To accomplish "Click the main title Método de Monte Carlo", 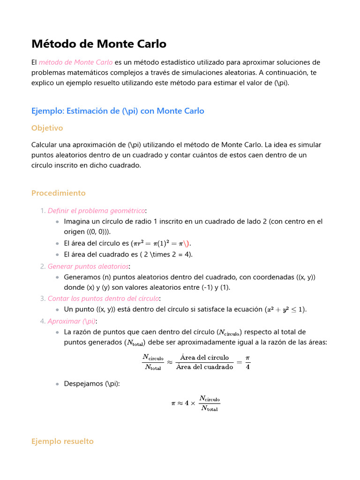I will coord(98,44).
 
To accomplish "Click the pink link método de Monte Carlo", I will coord(75,62).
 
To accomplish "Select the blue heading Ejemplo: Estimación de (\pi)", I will coord(118,111).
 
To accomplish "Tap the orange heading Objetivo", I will coord(47,128).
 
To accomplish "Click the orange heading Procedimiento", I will coord(58,193).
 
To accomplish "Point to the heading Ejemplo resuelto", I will coord(62,441).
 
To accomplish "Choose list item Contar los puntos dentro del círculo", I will coord(104,299).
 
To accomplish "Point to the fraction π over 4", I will coord(247,362).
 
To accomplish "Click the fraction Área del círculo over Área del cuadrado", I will coord(204,362).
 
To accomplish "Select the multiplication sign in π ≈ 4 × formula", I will coord(192,403).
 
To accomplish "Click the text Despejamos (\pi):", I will coord(92,383).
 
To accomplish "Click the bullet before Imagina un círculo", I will coord(57,222).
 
